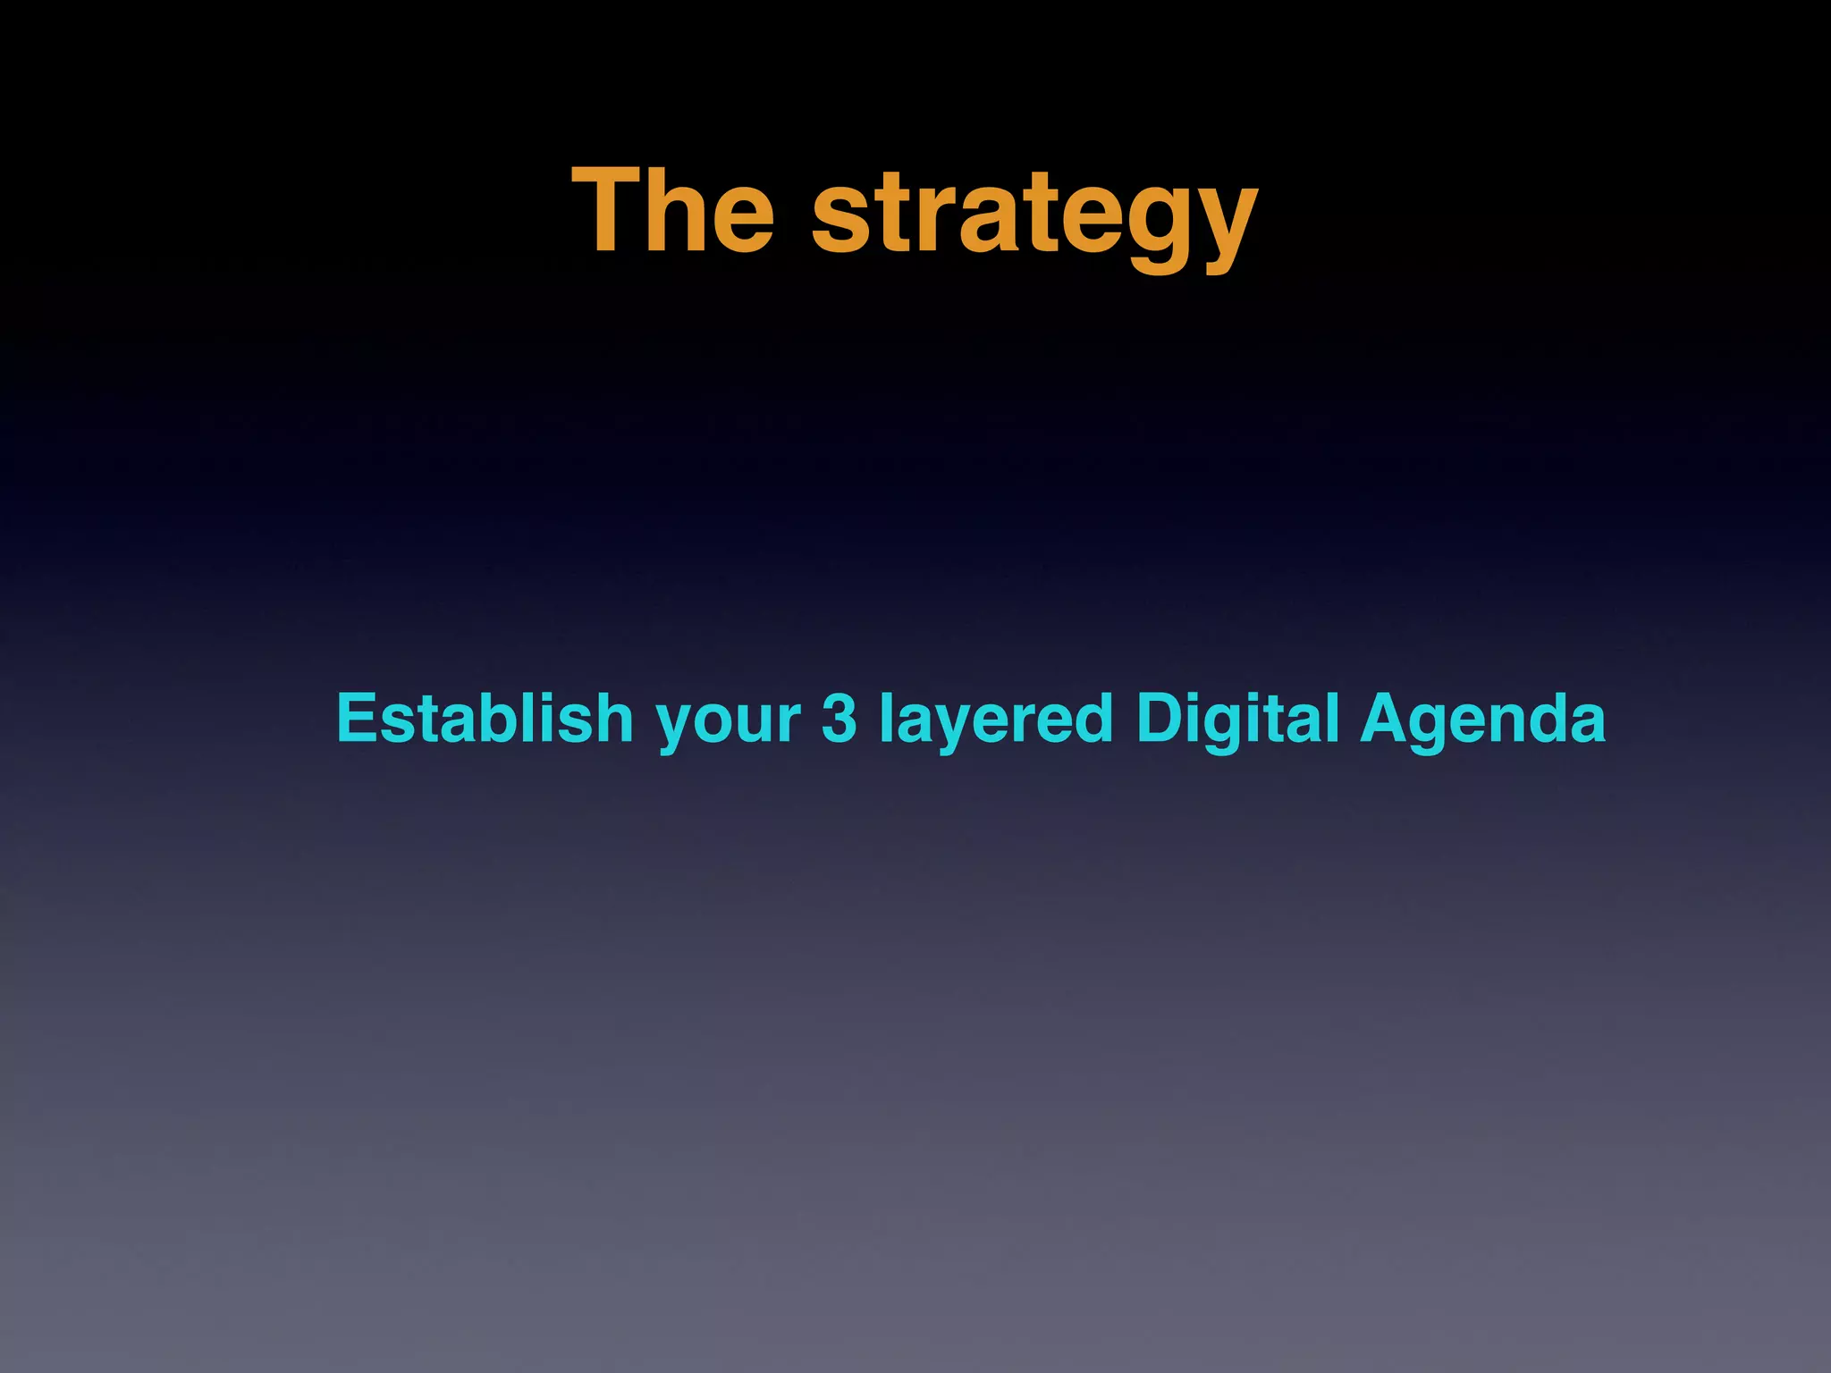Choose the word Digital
[x=1237, y=720]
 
